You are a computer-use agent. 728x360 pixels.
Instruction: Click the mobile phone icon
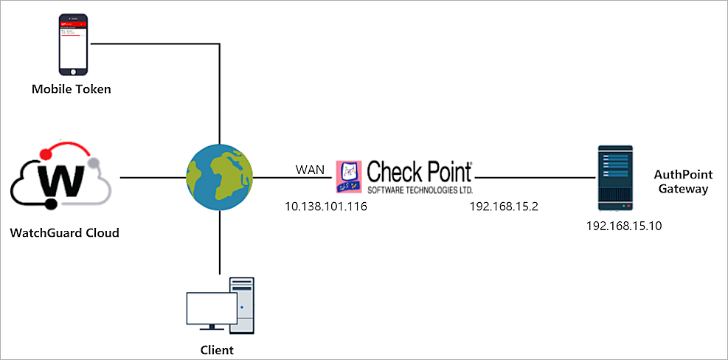[72, 44]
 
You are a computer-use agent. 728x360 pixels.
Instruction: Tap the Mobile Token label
[72, 89]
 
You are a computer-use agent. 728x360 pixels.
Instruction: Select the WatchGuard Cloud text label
[65, 233]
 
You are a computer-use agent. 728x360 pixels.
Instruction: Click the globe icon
[220, 178]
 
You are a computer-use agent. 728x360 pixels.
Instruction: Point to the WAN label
[311, 170]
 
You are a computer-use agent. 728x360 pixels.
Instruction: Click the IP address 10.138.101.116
[326, 207]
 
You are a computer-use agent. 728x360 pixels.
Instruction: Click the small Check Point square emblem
[349, 179]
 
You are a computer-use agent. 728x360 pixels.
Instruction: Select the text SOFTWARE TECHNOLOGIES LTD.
[419, 189]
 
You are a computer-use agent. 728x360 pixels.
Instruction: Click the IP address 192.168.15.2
[504, 207]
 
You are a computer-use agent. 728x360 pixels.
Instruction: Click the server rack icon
[614, 177]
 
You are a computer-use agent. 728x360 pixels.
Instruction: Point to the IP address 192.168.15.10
[623, 226]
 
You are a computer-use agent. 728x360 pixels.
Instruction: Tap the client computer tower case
[242, 304]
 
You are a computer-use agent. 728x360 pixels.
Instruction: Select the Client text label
[217, 350]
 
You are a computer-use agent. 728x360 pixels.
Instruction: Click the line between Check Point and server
[535, 178]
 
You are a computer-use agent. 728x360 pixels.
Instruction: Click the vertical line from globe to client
[220, 243]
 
